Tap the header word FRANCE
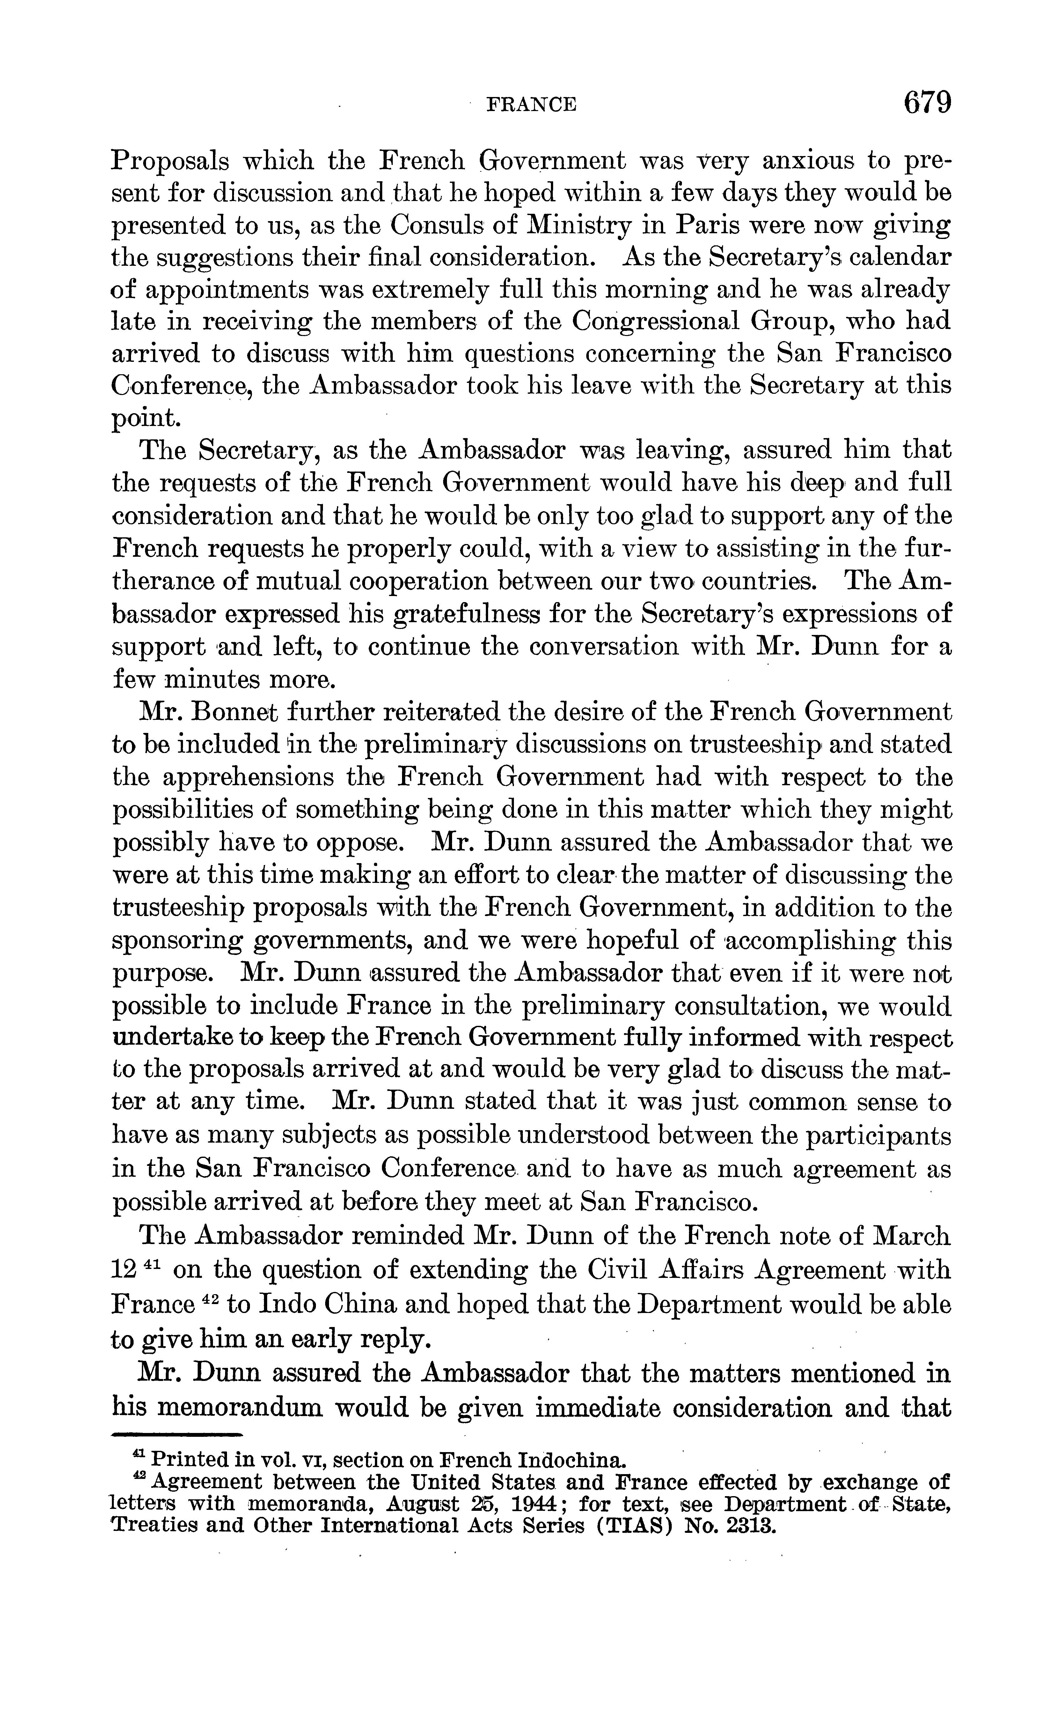pos(531,105)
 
